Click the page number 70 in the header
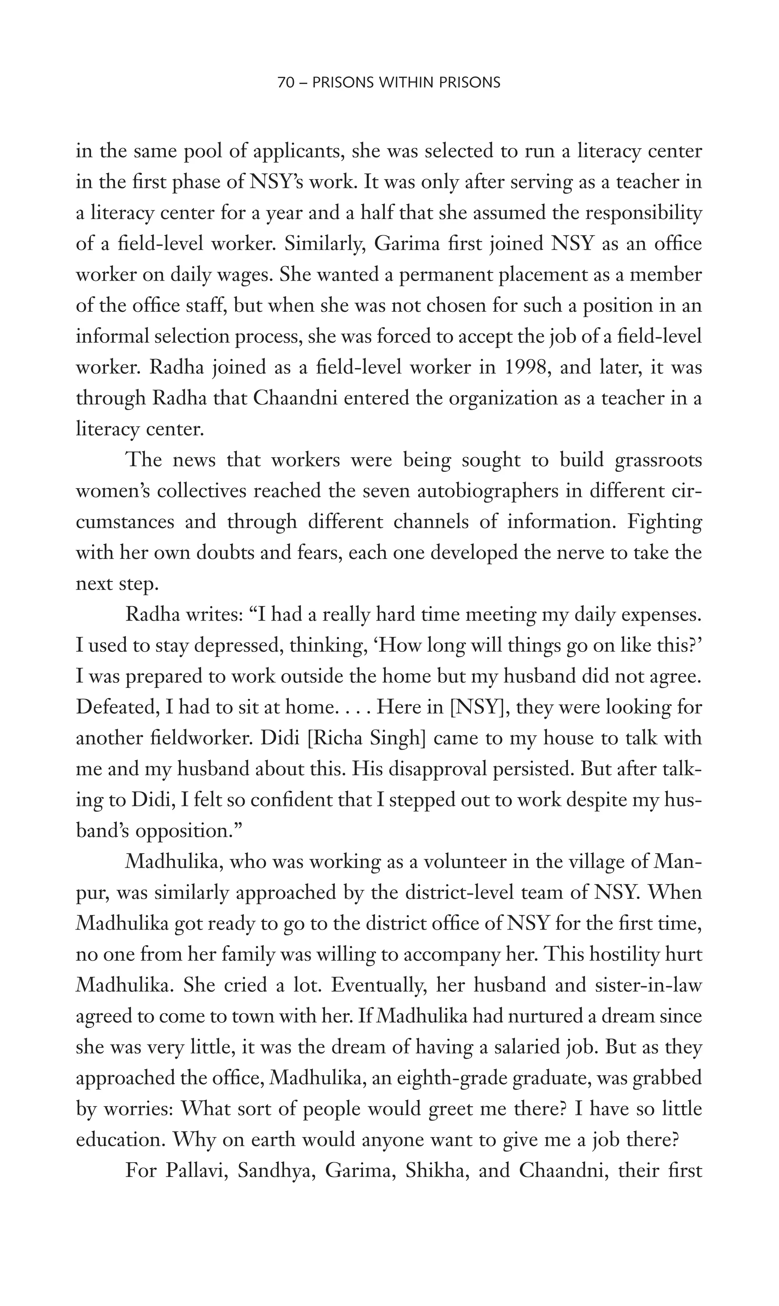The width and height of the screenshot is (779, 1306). coord(286,83)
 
